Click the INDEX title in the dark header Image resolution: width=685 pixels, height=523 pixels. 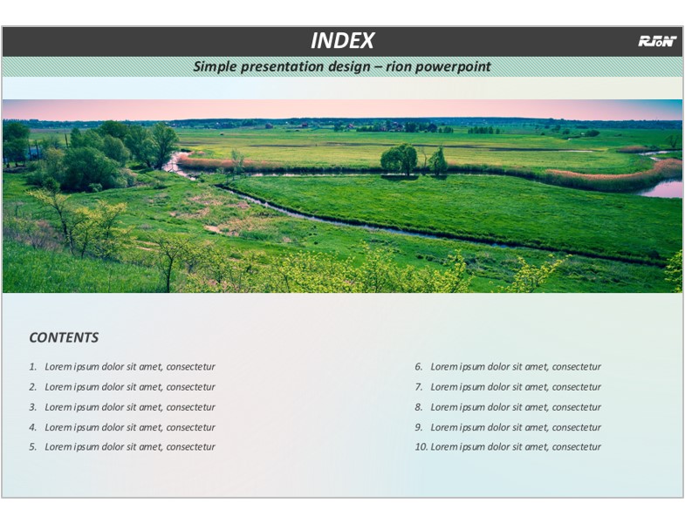342,41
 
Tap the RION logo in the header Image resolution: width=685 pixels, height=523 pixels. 657,41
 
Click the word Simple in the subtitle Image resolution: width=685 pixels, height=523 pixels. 215,67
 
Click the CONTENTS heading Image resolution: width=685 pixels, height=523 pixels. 64,337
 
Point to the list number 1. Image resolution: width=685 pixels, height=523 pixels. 33,367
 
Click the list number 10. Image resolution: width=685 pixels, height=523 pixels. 421,447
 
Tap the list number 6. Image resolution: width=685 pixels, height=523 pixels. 419,367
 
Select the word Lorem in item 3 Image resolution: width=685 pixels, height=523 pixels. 58,407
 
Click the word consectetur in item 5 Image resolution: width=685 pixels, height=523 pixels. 190,447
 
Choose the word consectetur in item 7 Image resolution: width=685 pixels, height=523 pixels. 576,387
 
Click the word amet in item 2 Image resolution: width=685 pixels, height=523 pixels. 151,387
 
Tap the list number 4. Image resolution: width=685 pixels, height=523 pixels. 33,427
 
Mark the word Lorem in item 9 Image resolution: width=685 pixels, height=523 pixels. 444,427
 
